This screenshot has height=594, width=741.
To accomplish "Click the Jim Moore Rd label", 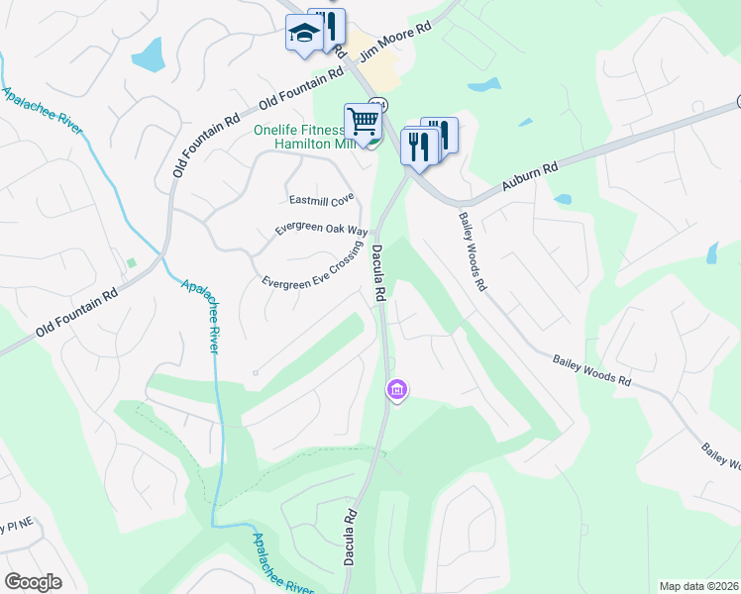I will click(x=396, y=45).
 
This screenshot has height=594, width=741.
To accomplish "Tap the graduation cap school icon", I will click(x=303, y=34).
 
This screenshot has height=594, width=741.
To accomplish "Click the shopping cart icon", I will click(x=363, y=121).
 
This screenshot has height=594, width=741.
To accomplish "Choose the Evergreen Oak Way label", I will click(x=314, y=228).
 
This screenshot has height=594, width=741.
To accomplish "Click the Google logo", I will click(x=33, y=581).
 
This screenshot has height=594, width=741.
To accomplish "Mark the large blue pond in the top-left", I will click(x=148, y=54).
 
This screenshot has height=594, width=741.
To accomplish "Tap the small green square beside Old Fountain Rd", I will click(x=131, y=262).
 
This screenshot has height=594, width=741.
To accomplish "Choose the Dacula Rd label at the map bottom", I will click(x=350, y=538).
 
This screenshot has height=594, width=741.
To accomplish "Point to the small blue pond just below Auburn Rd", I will click(x=563, y=199).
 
